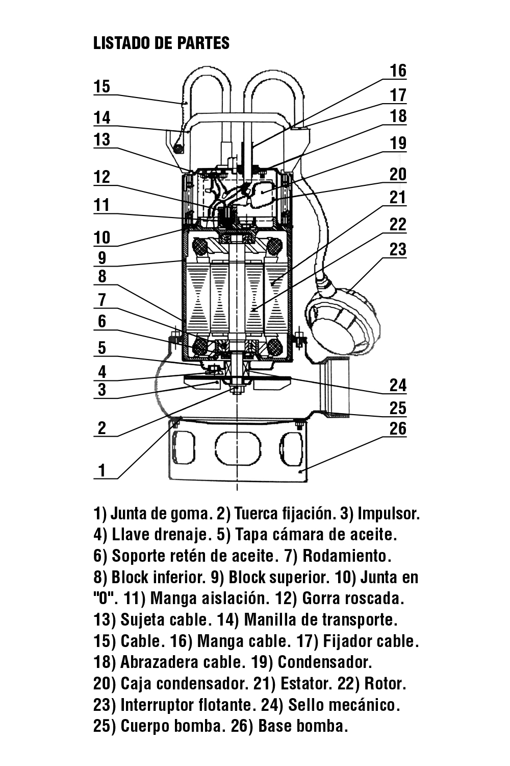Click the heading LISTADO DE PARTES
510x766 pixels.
coord(161,43)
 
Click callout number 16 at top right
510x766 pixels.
coord(398,71)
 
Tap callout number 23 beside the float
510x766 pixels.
coord(398,249)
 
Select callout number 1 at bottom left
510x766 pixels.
coord(102,470)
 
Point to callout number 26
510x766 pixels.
coord(398,428)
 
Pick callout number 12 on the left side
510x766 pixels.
coord(102,177)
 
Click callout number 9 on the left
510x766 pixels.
coord(102,258)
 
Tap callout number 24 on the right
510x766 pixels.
coord(398,386)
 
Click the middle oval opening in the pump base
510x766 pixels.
coord(238,448)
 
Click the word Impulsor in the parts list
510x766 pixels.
coord(389,514)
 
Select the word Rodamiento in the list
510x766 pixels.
coord(347,556)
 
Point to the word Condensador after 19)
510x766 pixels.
coord(324,662)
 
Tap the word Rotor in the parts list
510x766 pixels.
coord(386,684)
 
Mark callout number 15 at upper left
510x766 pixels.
coord(102,86)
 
